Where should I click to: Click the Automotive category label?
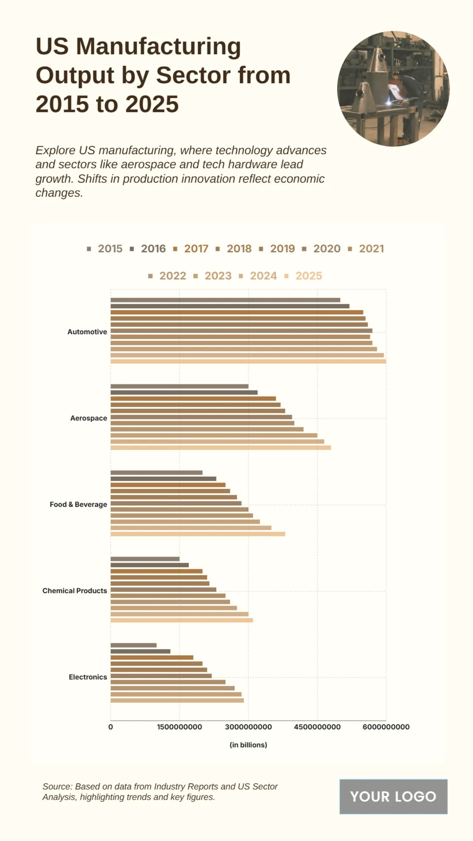[x=87, y=332]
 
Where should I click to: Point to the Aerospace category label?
[x=88, y=418]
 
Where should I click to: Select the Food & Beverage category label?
[x=78, y=505]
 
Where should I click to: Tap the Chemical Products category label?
[x=74, y=591]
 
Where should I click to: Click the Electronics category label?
[x=88, y=677]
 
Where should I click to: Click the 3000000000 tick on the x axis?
[x=248, y=727]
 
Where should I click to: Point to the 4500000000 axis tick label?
[x=317, y=727]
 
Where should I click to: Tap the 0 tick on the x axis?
[x=110, y=727]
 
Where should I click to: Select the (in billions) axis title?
[x=248, y=745]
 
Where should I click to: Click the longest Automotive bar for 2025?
[x=248, y=362]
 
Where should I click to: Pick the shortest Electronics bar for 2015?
[x=133, y=645]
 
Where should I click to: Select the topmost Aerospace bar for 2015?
[x=179, y=386]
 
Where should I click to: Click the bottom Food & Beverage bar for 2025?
[x=197, y=534]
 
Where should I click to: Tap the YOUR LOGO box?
[x=393, y=797]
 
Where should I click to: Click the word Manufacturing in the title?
[x=158, y=47]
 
